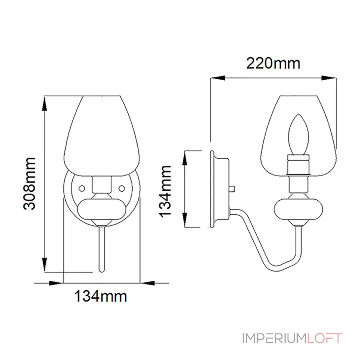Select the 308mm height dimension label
(30, 183)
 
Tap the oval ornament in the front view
(101, 209)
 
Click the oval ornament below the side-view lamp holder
(297, 209)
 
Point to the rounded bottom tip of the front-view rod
(101, 270)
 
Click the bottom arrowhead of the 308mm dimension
(44, 265)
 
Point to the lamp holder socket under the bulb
(297, 165)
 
